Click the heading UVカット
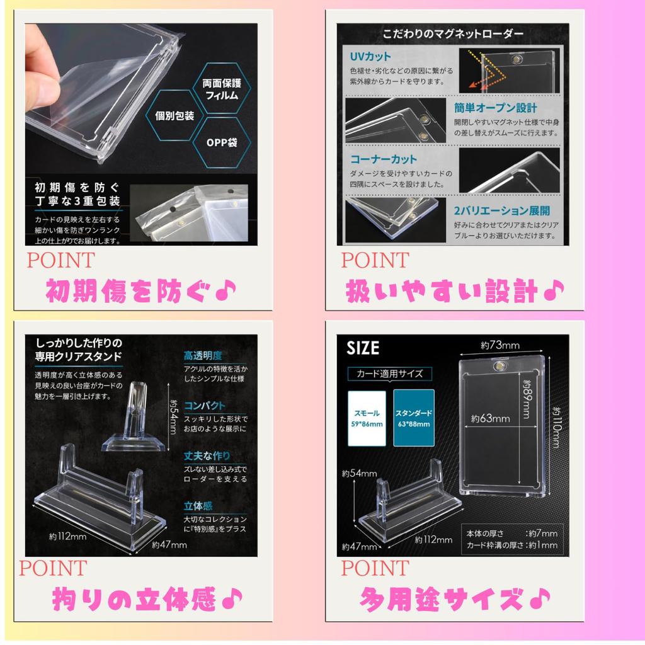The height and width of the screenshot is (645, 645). [371, 57]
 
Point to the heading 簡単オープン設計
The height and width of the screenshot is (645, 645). [496, 107]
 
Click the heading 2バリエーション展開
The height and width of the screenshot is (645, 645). [502, 210]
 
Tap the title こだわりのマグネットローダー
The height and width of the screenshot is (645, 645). [453, 33]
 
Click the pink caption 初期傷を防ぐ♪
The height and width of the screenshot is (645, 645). [142, 290]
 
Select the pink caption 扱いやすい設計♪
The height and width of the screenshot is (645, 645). [455, 290]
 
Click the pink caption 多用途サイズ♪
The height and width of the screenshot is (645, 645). [455, 596]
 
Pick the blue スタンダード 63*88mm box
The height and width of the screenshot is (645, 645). [413, 418]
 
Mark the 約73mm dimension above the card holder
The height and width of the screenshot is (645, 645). [501, 346]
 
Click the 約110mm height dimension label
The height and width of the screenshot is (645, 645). [555, 426]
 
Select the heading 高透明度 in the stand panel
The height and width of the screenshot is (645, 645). [203, 356]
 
